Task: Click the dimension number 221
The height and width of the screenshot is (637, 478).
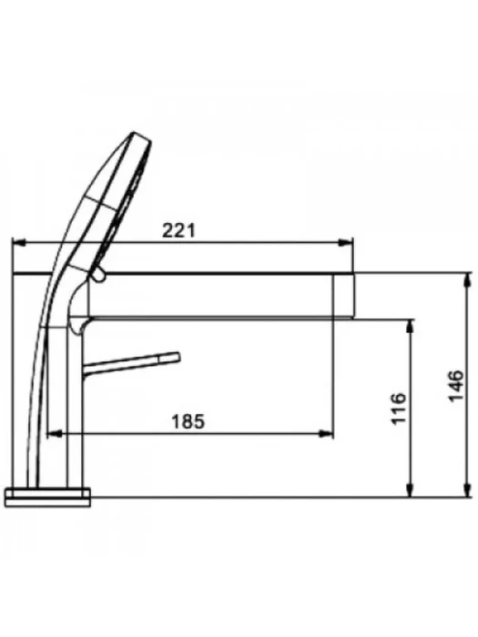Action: (178, 230)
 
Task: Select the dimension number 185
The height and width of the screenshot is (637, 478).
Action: (188, 421)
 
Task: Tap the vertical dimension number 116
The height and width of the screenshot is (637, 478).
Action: (399, 408)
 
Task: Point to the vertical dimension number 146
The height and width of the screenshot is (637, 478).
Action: (456, 385)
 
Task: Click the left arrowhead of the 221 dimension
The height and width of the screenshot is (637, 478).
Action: (19, 243)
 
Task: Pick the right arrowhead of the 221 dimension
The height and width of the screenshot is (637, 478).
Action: (346, 243)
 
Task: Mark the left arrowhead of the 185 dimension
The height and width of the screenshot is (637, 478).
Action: (55, 434)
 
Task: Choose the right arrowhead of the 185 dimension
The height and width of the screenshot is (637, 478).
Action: (326, 434)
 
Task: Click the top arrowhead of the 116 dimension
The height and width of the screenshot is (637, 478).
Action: (411, 326)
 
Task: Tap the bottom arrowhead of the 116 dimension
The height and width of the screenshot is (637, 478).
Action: (411, 490)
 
